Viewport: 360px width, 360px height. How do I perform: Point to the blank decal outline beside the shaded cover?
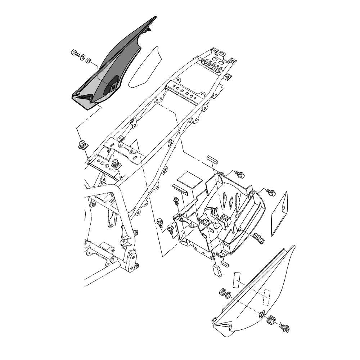click(146, 67)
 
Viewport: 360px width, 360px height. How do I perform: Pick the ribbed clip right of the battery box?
click(259, 238)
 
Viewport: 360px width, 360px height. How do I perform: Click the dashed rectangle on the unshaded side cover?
click(266, 297)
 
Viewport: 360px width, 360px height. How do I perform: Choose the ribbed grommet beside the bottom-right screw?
click(272, 320)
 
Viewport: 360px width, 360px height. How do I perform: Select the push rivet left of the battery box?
click(176, 201)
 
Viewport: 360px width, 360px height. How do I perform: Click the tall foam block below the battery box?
click(217, 270)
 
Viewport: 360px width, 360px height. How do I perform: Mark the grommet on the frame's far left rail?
click(83, 145)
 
